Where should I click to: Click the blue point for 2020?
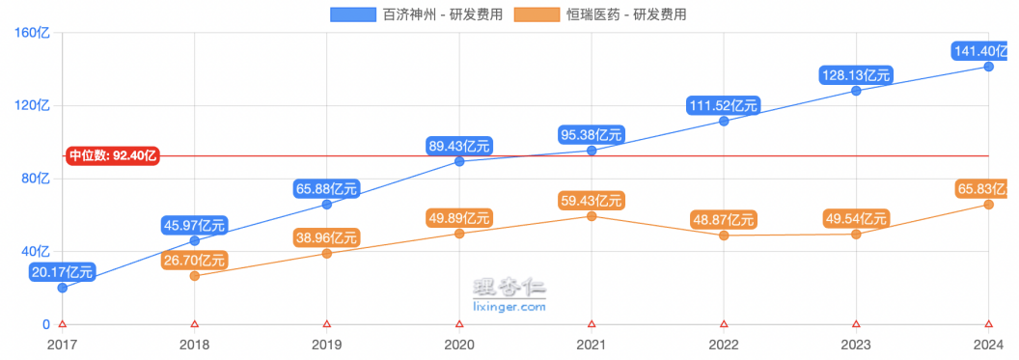[459, 161]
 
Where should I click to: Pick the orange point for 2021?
[592, 215]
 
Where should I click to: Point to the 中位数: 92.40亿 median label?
[113, 155]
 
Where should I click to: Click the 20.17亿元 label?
[62, 271]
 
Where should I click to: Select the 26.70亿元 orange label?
[194, 260]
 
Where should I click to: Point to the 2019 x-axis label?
[327, 344]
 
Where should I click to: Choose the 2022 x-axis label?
[724, 344]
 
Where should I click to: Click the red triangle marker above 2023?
[856, 324]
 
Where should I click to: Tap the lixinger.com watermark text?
[510, 307]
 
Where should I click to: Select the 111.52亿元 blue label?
[724, 104]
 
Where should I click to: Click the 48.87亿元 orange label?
[724, 219]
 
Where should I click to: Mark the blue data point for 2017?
[63, 288]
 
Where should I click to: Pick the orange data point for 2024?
[988, 205]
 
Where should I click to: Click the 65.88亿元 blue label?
[327, 187]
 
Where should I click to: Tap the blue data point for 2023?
[856, 91]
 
